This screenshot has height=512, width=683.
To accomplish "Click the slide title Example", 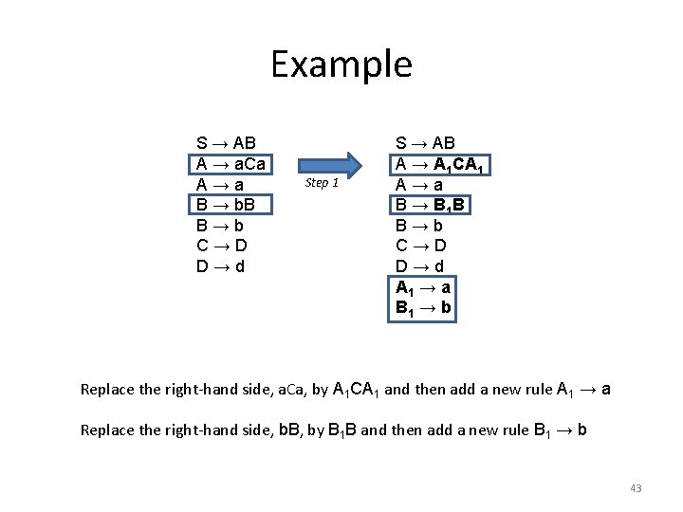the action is [341, 64].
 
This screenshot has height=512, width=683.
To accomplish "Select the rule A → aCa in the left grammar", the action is [231, 163].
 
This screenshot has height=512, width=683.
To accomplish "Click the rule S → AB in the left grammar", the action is [226, 143].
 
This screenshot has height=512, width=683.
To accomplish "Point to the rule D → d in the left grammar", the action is [220, 266].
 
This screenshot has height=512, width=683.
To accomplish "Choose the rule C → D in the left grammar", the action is [220, 246].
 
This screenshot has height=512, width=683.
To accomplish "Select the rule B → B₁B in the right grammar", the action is [433, 205].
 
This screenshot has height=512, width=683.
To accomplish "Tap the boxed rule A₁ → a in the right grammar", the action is [424, 287].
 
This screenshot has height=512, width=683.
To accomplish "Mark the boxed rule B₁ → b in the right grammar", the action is [424, 308].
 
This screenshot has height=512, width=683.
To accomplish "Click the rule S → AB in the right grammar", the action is [425, 143].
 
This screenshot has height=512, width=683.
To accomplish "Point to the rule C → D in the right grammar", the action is [419, 246].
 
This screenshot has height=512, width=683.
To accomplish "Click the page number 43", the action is [636, 488].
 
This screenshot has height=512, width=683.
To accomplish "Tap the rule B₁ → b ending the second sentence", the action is [558, 430].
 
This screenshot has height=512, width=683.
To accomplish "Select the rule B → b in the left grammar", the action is [220, 225].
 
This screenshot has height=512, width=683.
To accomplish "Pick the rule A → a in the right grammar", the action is [419, 184].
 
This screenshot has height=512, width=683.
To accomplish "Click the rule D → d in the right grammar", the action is [419, 266].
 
